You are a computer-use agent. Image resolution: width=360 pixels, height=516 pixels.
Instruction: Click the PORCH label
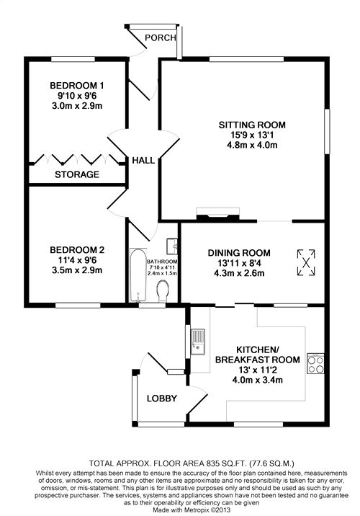(x=160, y=38)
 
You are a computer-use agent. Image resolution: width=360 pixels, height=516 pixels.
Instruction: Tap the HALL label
(x=143, y=161)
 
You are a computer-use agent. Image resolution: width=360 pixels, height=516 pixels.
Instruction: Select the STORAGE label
(x=77, y=174)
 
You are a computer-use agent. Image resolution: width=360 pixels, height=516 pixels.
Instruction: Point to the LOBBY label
(x=162, y=399)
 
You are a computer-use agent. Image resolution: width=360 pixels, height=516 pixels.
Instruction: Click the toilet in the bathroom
(x=163, y=291)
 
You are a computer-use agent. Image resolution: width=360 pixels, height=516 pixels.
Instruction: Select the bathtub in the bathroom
(x=138, y=275)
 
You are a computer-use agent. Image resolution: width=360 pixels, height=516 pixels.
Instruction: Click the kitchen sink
(x=198, y=342)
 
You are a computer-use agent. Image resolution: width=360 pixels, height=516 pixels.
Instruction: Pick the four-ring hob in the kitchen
(x=315, y=364)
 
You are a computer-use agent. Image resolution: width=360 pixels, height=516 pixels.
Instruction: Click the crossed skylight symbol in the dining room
(x=306, y=262)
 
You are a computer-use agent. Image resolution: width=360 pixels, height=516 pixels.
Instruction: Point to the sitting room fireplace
(x=218, y=213)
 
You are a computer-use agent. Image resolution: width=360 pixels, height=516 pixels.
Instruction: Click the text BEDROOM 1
(x=77, y=86)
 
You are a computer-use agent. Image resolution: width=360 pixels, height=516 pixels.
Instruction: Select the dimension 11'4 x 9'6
(x=77, y=260)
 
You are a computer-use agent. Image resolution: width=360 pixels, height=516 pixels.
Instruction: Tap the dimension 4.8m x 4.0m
(x=252, y=145)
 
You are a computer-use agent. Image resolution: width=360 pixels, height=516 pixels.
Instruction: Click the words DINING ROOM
(x=239, y=253)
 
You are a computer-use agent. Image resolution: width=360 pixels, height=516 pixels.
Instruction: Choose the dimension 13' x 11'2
(x=258, y=370)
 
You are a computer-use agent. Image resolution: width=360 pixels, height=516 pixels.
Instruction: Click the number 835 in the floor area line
(x=212, y=463)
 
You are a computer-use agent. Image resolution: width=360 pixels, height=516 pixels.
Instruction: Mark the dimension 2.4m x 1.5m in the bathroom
(x=163, y=273)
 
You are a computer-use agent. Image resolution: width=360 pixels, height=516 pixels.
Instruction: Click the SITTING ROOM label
(x=252, y=125)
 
